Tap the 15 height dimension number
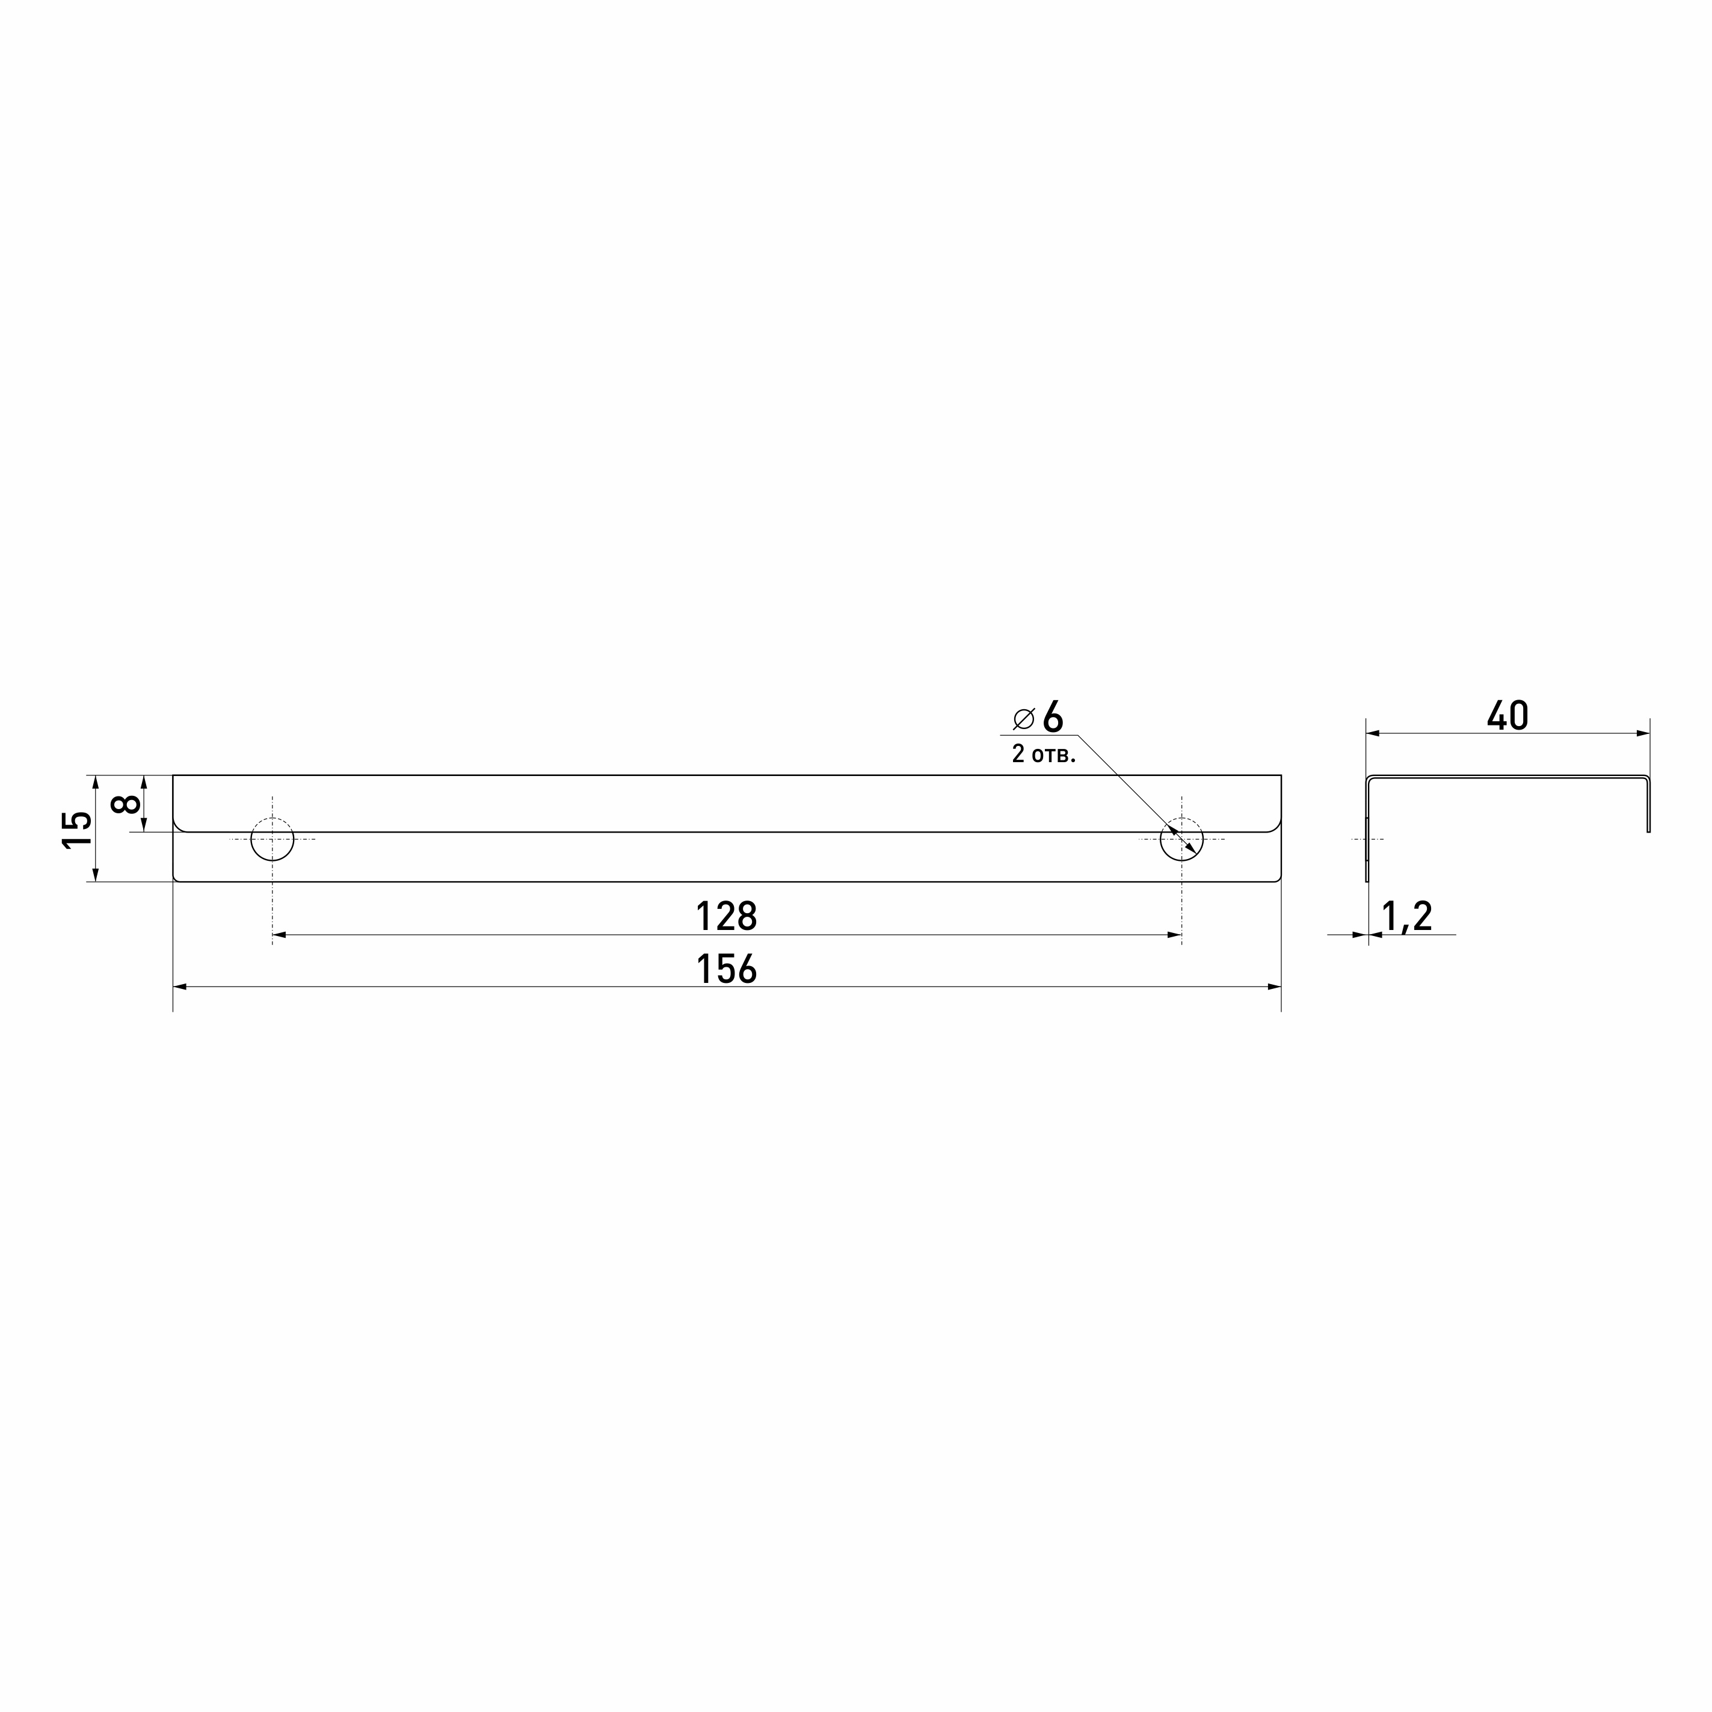pos(77,830)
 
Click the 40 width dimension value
pos(1507,716)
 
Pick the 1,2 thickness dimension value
pos(1407,916)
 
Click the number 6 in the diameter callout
pos(1053,717)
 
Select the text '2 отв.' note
pos(1044,754)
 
